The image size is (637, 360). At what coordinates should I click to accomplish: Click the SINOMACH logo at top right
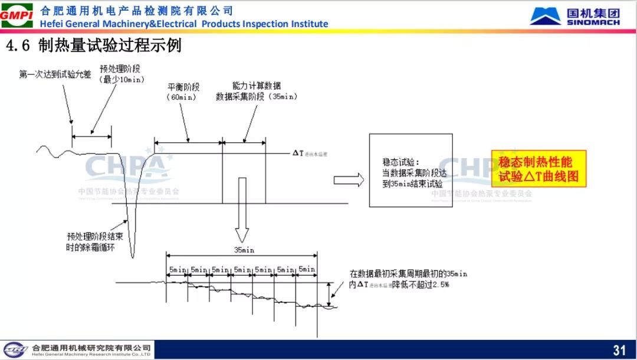point(574,15)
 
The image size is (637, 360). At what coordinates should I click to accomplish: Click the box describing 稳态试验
point(411,170)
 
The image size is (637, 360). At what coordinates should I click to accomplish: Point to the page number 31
point(619,350)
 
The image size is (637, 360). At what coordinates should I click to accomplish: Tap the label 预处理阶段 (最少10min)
point(122,74)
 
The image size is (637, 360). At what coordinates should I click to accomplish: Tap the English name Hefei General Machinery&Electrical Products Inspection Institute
point(183,24)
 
